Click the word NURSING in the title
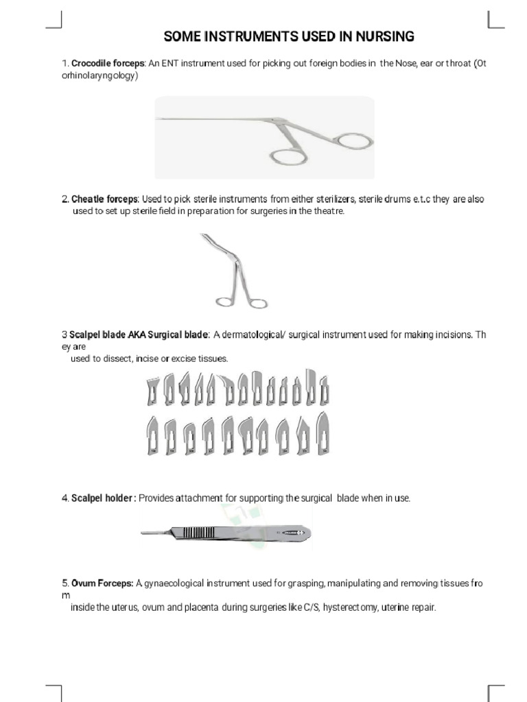click(x=380, y=36)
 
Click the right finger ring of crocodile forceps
click(x=355, y=141)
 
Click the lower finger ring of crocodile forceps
click(x=290, y=157)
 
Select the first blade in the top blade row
click(x=152, y=390)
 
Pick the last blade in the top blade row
click(x=325, y=388)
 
